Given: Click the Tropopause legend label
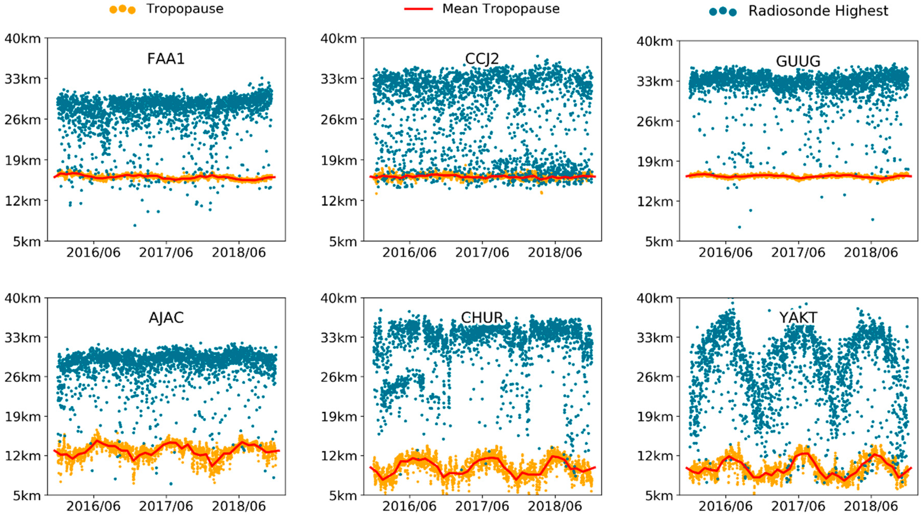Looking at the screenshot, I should coord(185,9).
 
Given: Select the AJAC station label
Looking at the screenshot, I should coord(166,318).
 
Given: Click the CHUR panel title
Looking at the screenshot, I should coord(482,318).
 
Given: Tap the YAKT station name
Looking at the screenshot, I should coord(798,318).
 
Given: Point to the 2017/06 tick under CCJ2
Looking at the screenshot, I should coord(482,253).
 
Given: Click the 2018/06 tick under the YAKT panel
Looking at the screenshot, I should coord(870,506).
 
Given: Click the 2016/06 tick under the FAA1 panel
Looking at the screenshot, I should coord(93,253).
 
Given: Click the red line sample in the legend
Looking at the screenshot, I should coord(418,9).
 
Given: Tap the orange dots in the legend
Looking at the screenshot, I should coord(122,9).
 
